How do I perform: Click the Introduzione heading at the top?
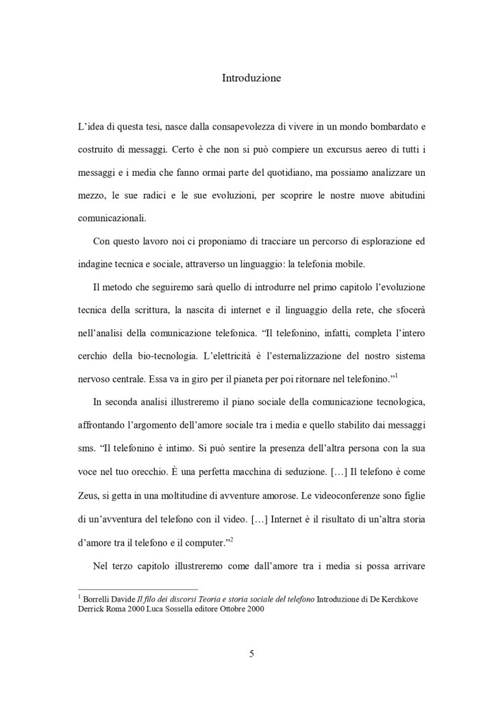(251, 78)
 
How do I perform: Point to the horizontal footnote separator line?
(138, 588)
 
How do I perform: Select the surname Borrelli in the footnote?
(100, 599)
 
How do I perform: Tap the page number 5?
(251, 654)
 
